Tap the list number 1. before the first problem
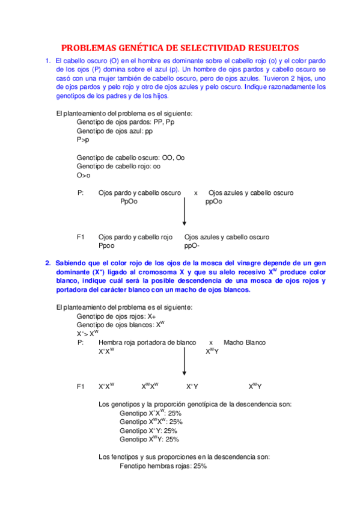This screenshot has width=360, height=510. [47, 61]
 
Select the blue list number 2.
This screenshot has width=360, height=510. [47, 263]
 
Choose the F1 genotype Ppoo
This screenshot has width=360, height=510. [107, 246]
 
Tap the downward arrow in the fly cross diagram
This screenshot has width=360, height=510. [184, 363]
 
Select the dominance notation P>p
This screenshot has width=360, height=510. [83, 139]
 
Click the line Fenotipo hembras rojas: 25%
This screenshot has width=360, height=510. [163, 465]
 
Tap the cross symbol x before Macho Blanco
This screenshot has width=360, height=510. [211, 342]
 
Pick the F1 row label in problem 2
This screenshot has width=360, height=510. [81, 386]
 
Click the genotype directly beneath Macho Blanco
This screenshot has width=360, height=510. [212, 351]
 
